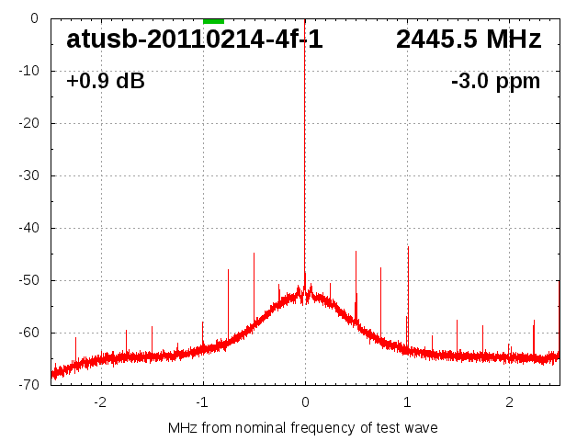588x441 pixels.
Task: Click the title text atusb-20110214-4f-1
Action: pos(195,40)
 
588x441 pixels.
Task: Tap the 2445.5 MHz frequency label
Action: pos(469,40)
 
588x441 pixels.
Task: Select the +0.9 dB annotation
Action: pos(105,82)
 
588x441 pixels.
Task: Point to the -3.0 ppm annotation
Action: pos(495,82)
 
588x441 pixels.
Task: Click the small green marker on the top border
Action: pos(213,20)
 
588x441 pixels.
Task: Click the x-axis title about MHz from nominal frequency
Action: pos(303,428)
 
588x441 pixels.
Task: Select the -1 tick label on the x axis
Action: pos(201,401)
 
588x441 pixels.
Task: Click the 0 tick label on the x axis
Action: pos(305,401)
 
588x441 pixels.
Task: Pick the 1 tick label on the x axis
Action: pos(407,401)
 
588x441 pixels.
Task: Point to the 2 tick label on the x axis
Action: pos(509,401)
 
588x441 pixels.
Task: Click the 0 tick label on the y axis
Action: pos(33,18)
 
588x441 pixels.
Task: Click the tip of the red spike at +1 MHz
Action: pos(408,246)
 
